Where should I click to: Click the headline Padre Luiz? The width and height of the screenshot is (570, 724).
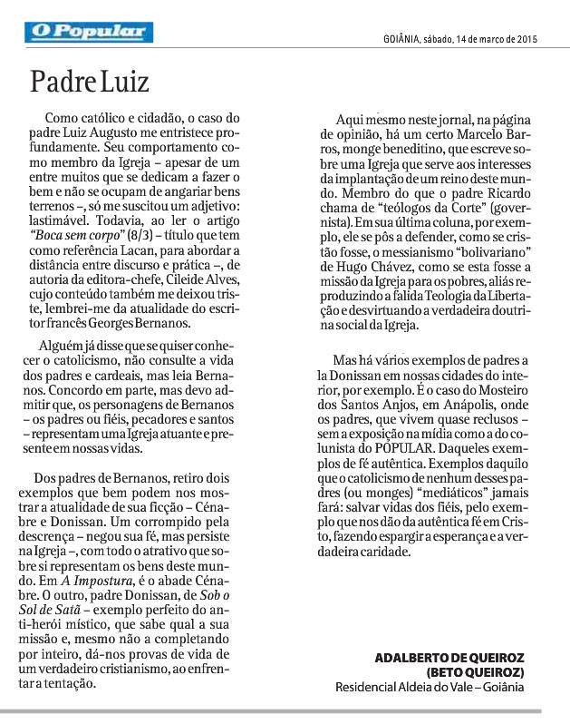[89, 83]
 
